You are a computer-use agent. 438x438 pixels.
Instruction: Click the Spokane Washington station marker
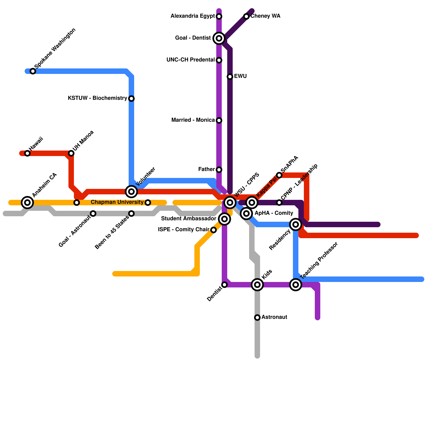click(x=33, y=71)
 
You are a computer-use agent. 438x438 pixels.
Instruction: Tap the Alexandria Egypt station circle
click(x=219, y=16)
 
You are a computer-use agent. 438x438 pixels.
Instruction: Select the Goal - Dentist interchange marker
click(x=219, y=38)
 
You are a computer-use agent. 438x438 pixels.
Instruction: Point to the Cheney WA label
click(x=265, y=16)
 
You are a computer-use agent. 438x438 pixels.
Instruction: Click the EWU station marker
click(x=230, y=77)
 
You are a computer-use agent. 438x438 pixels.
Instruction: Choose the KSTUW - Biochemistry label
click(x=97, y=98)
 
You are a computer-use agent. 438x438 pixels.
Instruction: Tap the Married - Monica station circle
click(x=219, y=120)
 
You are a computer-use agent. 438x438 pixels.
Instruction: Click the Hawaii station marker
click(x=27, y=153)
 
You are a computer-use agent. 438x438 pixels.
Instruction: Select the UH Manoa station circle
click(x=71, y=153)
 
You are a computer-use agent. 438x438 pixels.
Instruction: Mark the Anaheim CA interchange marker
click(x=27, y=203)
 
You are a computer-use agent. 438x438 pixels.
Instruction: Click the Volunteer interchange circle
click(x=131, y=192)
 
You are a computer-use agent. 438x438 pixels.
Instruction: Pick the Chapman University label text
click(x=117, y=202)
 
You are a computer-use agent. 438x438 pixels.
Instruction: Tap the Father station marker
click(x=219, y=170)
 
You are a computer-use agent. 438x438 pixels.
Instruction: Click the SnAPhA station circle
click(x=279, y=175)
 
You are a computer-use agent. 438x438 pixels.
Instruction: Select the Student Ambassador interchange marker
click(x=224, y=219)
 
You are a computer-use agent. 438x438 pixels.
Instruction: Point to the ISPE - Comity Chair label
click(x=184, y=230)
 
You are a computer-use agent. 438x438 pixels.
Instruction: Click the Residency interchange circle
click(x=296, y=224)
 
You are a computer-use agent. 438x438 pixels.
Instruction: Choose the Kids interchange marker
click(x=257, y=285)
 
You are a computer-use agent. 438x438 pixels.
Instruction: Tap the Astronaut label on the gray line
click(x=274, y=317)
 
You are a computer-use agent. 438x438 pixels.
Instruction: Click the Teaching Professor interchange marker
click(x=296, y=285)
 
